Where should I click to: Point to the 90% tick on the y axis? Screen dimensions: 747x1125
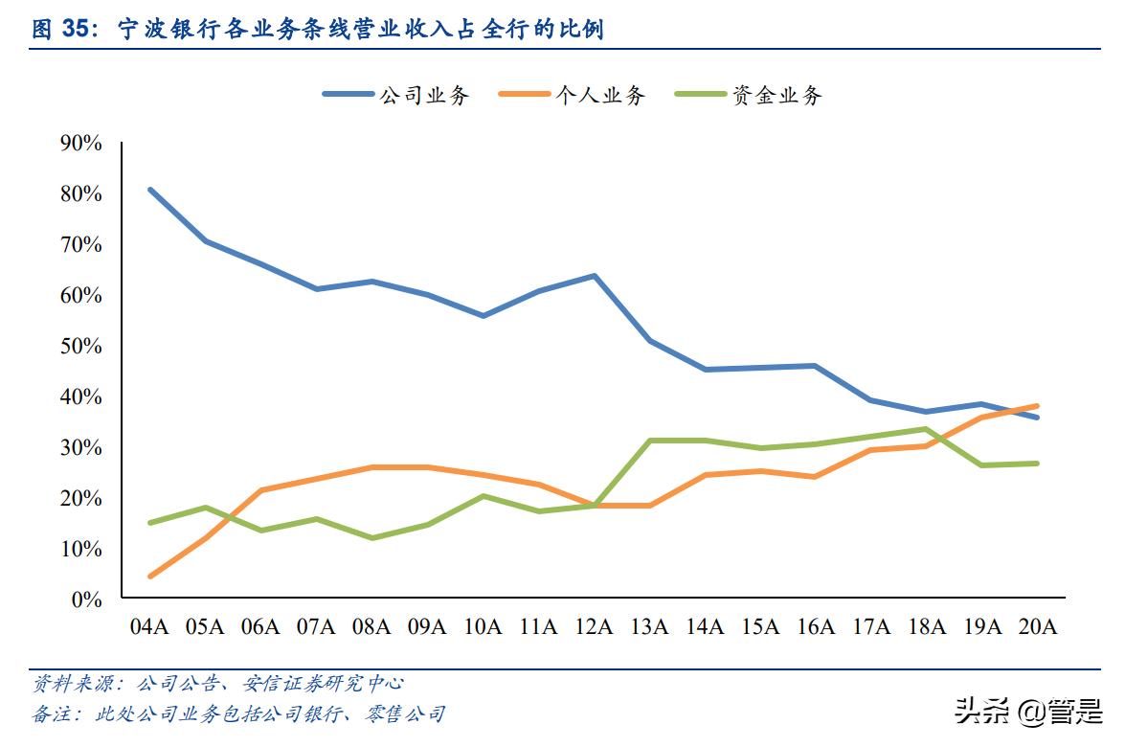pos(80,144)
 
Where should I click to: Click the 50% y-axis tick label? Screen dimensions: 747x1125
pos(80,346)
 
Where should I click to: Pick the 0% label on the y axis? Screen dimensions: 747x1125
pos(86,600)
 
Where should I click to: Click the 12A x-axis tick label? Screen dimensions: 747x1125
pos(594,627)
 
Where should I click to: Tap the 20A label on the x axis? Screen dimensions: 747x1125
pos(1037,627)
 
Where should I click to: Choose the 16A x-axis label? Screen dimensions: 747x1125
pos(815,627)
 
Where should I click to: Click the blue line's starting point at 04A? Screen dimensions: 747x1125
pos(150,190)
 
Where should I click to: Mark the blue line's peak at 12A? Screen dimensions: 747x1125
pos(595,276)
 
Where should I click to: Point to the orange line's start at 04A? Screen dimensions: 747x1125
pos(150,577)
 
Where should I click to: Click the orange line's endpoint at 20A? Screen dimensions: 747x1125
pos(1037,406)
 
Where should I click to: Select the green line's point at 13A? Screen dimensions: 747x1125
pos(650,441)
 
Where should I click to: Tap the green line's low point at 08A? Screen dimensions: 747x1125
pos(372,538)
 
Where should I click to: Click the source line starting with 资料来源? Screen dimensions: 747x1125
pos(218,684)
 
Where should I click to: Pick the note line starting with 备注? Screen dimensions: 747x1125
pos(238,713)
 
